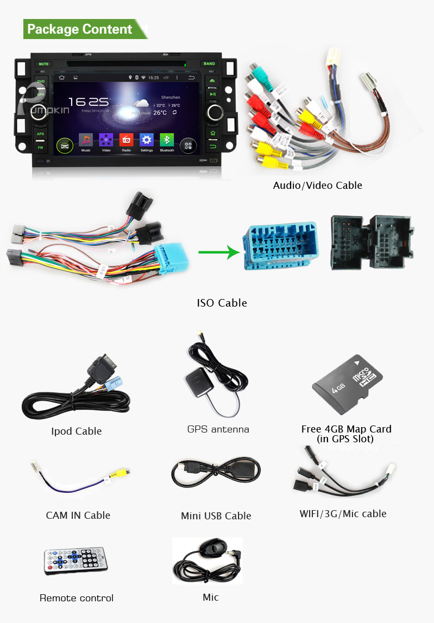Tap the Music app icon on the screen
click(86, 139)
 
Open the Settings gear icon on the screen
click(147, 139)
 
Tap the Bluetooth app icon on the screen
click(167, 139)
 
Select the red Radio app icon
click(126, 139)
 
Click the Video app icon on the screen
click(106, 139)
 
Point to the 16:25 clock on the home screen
click(89, 101)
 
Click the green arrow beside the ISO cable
click(218, 252)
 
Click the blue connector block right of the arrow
click(280, 246)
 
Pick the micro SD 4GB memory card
click(348, 384)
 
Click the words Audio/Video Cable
click(317, 186)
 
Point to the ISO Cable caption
click(222, 303)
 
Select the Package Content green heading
click(80, 29)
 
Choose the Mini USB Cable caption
click(216, 516)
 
